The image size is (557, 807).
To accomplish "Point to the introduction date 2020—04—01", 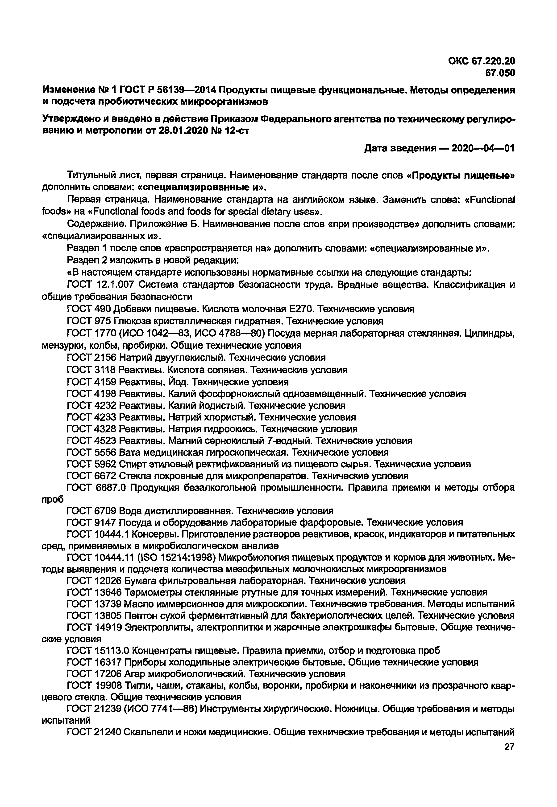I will coord(483,148).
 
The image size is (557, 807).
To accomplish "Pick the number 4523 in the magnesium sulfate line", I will coord(106,441).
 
